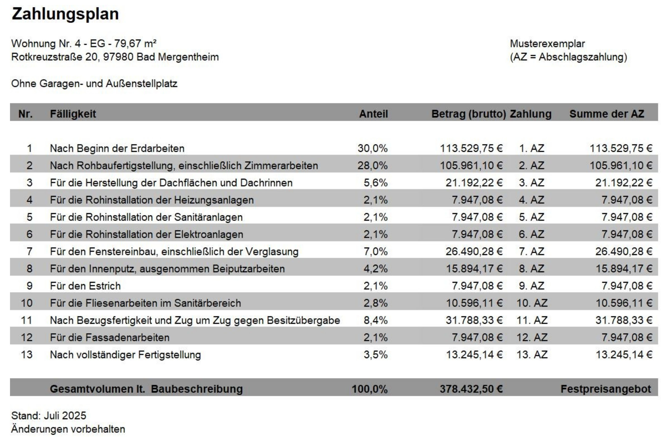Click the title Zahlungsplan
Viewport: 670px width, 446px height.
point(65,14)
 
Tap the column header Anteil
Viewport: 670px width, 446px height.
point(373,114)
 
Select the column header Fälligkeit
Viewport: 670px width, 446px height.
point(73,114)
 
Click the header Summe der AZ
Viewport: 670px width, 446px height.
point(607,114)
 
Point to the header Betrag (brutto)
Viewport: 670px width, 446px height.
point(469,114)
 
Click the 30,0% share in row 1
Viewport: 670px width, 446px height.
point(372,148)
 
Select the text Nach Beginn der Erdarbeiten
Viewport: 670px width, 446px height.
point(117,148)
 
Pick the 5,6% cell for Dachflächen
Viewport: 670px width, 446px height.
point(376,183)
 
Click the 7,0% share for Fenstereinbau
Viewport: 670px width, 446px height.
point(376,251)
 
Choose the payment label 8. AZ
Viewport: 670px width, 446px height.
point(531,269)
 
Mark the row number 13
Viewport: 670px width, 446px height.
point(26,355)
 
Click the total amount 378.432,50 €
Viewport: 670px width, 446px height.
point(471,389)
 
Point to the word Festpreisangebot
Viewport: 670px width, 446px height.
point(606,389)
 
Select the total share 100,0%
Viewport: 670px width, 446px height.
point(370,389)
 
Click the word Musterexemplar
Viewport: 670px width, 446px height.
point(547,43)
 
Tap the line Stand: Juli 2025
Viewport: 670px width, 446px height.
point(49,415)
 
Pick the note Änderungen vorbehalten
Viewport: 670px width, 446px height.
point(68,429)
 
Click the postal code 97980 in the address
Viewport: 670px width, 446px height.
point(118,57)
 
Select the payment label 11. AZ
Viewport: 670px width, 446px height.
point(532,320)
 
